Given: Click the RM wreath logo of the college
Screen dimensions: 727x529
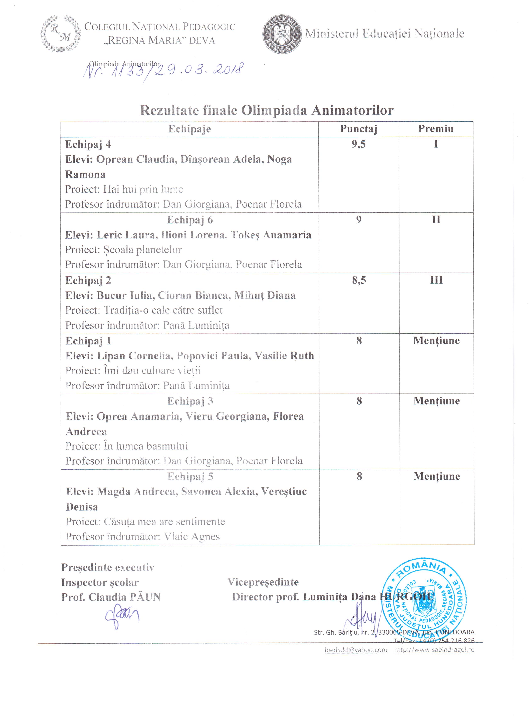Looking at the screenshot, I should (60, 34).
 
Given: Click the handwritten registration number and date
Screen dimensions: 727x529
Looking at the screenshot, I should (163, 70).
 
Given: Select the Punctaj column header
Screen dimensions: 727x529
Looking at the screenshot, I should (358, 129).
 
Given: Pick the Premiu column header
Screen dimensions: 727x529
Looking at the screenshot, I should (436, 129).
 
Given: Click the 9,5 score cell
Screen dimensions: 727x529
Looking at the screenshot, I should (358, 144).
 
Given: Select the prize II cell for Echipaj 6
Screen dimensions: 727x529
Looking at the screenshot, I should (436, 220).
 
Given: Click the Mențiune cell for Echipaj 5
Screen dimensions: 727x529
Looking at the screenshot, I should (436, 476).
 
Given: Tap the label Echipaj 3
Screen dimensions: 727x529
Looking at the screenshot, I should (190, 401).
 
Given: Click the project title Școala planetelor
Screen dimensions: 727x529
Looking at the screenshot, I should (142, 250).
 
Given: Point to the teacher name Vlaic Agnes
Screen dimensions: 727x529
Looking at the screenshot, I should (192, 537).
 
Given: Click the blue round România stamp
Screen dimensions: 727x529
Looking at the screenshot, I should (424, 603).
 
